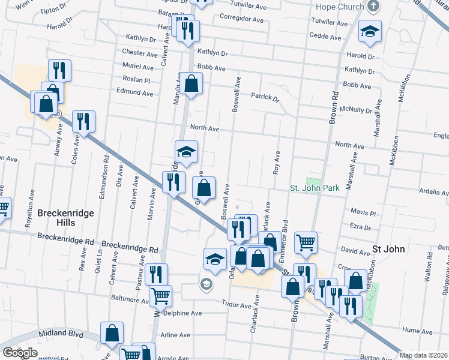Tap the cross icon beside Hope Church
tap(373, 7)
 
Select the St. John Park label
tap(315, 188)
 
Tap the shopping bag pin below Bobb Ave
tap(191, 85)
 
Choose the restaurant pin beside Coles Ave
tap(83, 122)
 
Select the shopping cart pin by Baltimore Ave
tap(160, 295)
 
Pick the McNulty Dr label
tap(356, 110)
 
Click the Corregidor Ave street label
tap(242, 19)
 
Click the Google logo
tap(20, 353)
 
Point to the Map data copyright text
tap(424, 355)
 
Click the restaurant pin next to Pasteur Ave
tap(156, 274)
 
